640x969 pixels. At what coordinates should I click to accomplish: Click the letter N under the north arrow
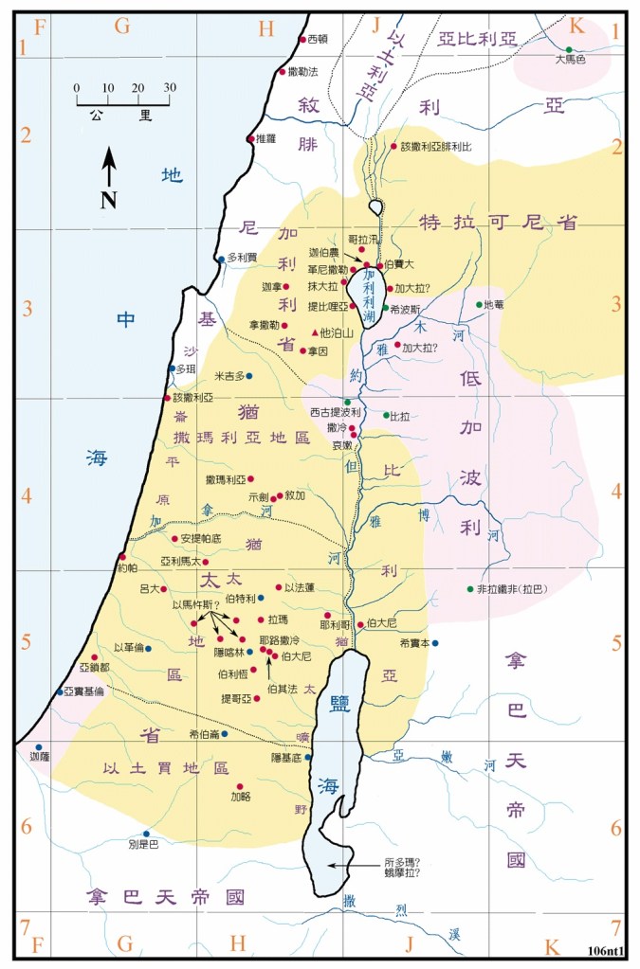point(109,199)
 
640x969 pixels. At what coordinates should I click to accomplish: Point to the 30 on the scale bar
point(170,88)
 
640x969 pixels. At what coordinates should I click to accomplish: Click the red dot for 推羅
point(250,139)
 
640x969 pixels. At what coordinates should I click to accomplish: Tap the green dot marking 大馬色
point(569,49)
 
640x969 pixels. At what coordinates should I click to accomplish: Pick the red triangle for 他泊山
point(315,333)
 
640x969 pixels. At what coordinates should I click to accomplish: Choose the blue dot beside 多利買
point(221,259)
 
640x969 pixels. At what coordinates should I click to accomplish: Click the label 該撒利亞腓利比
point(436,148)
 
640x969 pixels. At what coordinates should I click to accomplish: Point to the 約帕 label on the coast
point(127,568)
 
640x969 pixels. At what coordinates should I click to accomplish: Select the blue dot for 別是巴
point(146,834)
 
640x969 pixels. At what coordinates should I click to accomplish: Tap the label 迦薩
point(38,758)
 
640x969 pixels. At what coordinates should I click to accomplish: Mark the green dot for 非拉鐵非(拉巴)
point(469,588)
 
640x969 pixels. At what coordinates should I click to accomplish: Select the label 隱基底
point(287,759)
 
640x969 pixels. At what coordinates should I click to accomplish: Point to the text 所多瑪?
point(402,862)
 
